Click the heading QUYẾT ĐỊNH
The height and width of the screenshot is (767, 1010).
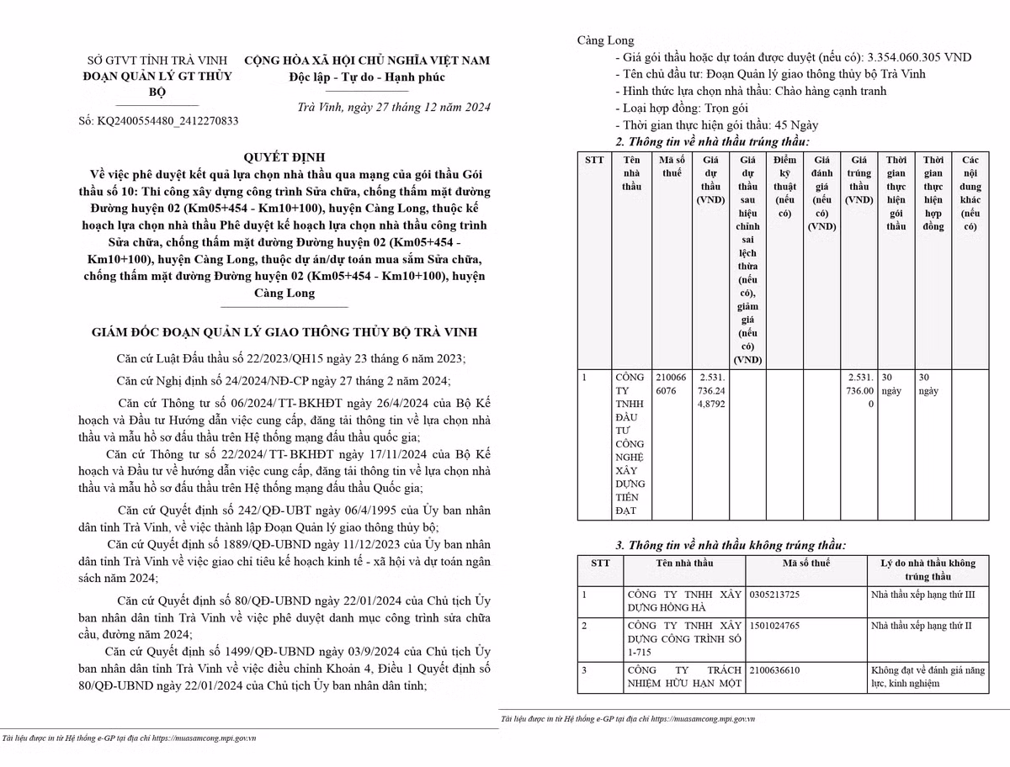click(x=284, y=157)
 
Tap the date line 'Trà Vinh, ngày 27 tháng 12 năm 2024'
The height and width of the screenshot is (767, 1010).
click(x=394, y=107)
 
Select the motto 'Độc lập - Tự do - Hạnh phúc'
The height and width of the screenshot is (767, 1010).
click(x=366, y=77)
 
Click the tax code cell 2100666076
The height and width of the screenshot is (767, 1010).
click(x=672, y=383)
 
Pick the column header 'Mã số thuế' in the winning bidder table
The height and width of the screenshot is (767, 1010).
click(x=672, y=167)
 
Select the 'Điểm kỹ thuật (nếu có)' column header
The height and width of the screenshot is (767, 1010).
click(x=784, y=186)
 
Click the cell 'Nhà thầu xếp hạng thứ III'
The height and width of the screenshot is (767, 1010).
click(x=922, y=595)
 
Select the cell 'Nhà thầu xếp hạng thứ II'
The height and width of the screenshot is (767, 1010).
click(x=921, y=626)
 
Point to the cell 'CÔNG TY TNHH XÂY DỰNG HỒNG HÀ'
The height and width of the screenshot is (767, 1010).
click(x=684, y=600)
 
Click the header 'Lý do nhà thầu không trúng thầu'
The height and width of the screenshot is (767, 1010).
click(x=928, y=569)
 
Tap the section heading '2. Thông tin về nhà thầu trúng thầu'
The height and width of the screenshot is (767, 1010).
click(x=712, y=141)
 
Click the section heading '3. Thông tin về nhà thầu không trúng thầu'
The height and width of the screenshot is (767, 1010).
click(x=731, y=545)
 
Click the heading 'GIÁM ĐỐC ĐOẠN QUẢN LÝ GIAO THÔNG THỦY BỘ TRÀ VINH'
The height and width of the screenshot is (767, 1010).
click(x=284, y=333)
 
